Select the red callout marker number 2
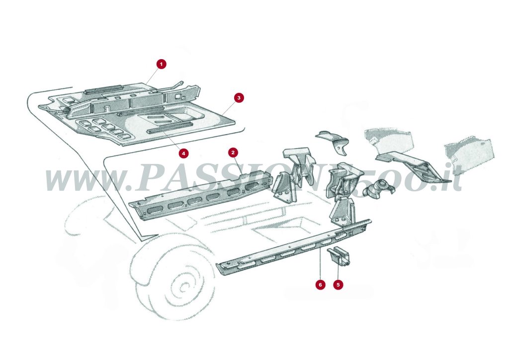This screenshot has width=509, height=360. pos(233,151)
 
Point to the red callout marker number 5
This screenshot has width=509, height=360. pos(338,285)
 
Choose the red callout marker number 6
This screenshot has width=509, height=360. pos(320,285)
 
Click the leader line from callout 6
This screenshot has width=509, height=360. pos(320,264)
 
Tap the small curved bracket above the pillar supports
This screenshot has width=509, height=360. pos(333,139)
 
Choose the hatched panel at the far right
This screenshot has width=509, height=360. pos(470,149)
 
